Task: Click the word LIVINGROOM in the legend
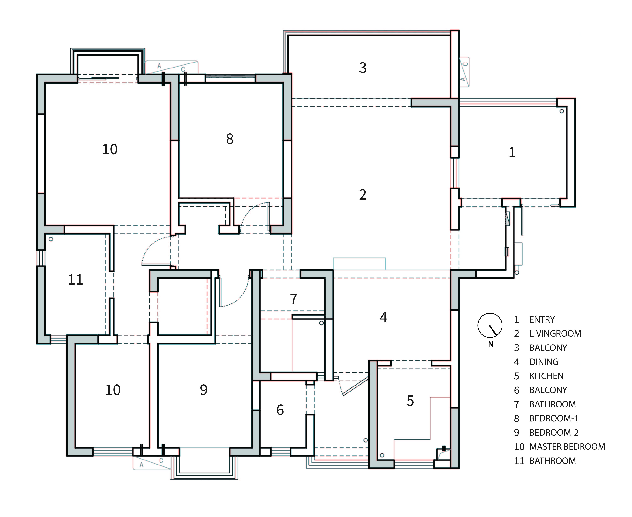click(555, 334)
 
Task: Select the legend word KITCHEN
click(546, 376)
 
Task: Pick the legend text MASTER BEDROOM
click(567, 447)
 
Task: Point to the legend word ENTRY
click(542, 319)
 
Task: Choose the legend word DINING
click(544, 362)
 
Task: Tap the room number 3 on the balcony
click(362, 68)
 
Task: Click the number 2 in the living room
click(362, 195)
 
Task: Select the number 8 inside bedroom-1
click(230, 139)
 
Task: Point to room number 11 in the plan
click(75, 280)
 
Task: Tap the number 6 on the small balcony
click(280, 410)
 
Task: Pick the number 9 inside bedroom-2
click(204, 390)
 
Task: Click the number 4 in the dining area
click(383, 318)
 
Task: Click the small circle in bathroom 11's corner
click(51, 239)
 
